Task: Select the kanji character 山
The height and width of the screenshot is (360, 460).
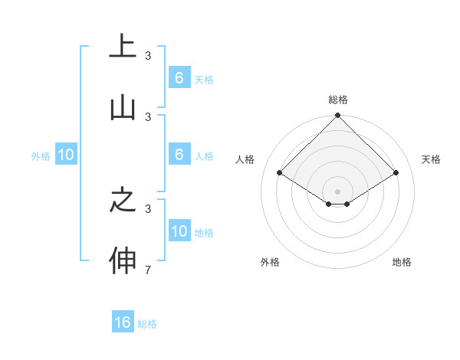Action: pyautogui.click(x=123, y=108)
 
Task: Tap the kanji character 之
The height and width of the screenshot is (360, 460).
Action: pyautogui.click(x=123, y=201)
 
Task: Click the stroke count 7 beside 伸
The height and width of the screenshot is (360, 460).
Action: pyautogui.click(x=148, y=270)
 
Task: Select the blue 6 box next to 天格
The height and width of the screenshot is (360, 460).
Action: pyautogui.click(x=179, y=77)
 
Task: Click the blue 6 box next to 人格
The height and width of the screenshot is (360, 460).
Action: pyautogui.click(x=179, y=155)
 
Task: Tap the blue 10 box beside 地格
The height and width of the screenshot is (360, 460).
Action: pyautogui.click(x=179, y=231)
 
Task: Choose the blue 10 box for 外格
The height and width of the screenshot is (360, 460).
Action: pyautogui.click(x=65, y=155)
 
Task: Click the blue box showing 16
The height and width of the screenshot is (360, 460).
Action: pyautogui.click(x=123, y=322)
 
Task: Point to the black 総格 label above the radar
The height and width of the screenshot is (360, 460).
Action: pyautogui.click(x=337, y=100)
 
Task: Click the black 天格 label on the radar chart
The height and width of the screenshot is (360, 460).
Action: pyautogui.click(x=431, y=159)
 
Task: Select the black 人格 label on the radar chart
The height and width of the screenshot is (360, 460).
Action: pyautogui.click(x=245, y=159)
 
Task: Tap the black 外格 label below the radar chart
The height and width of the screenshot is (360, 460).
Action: pyautogui.click(x=270, y=263)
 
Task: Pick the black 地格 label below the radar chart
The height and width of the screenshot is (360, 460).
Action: pyautogui.click(x=402, y=263)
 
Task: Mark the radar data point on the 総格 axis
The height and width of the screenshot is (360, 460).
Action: pyautogui.click(x=337, y=116)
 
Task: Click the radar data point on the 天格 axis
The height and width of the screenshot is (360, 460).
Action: pyautogui.click(x=396, y=173)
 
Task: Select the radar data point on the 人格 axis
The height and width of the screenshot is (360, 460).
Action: pyautogui.click(x=279, y=173)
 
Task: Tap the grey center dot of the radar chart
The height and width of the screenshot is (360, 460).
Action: pyautogui.click(x=337, y=191)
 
